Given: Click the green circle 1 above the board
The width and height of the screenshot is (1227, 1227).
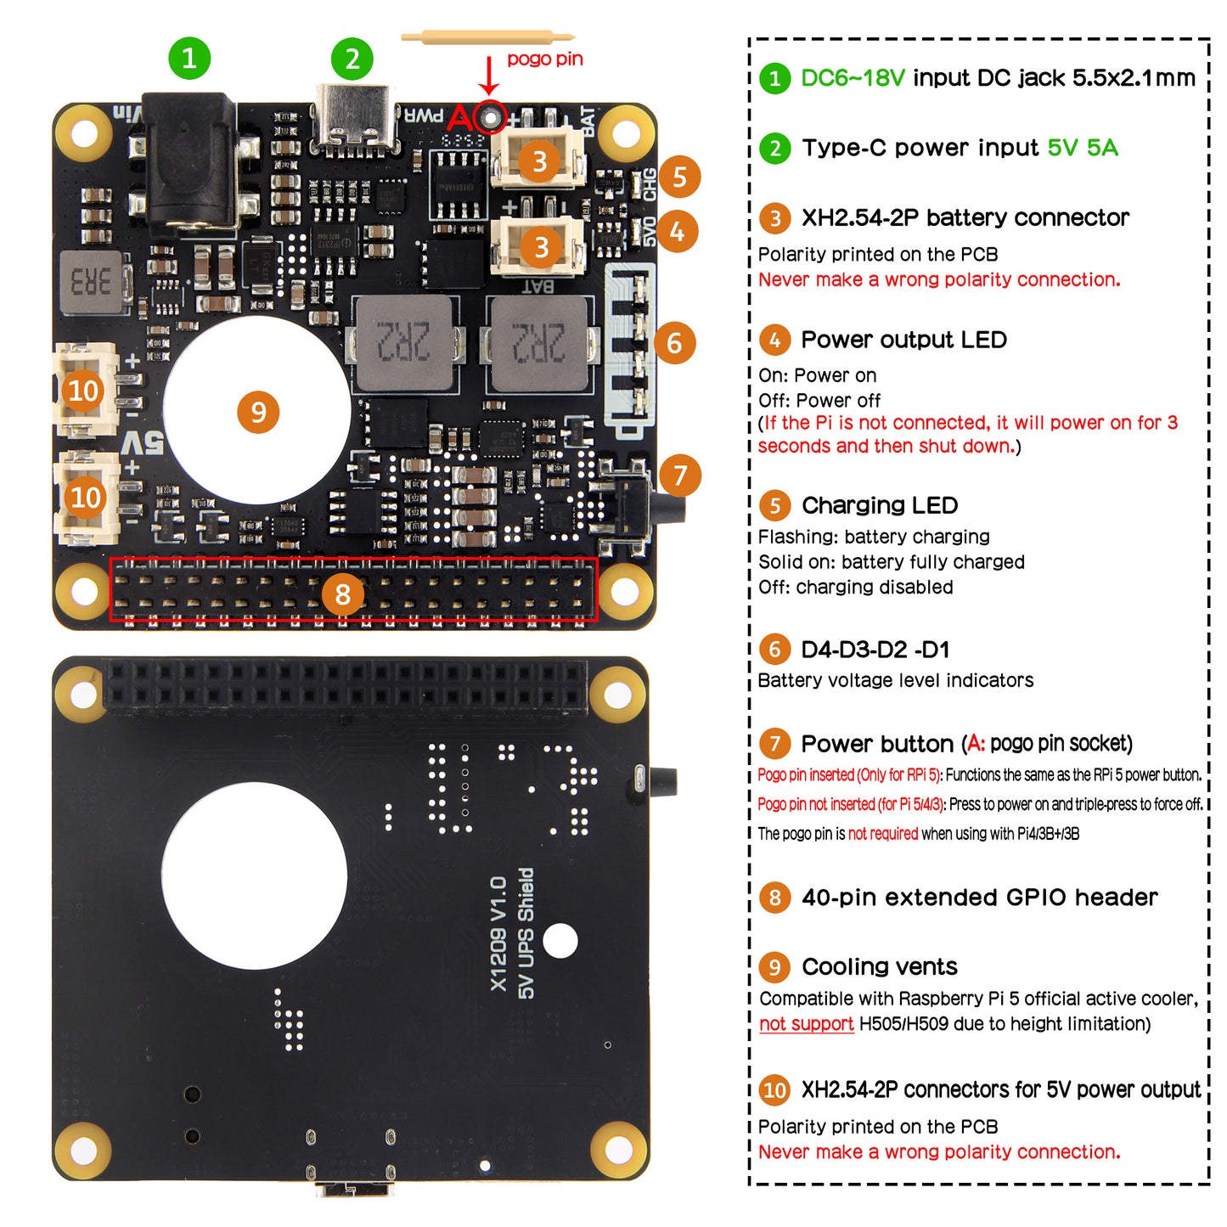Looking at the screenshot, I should pyautogui.click(x=189, y=58).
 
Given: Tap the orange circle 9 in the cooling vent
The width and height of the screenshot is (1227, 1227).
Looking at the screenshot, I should pyautogui.click(x=258, y=413).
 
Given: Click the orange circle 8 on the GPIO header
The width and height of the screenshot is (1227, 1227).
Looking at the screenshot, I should pyautogui.click(x=342, y=594).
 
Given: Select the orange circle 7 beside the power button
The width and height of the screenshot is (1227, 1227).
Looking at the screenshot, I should pyautogui.click(x=679, y=476).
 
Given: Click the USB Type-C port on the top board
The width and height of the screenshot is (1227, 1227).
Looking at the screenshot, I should pyautogui.click(x=355, y=119).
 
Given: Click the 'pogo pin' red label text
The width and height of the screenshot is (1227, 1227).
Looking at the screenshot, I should pyautogui.click(x=544, y=59).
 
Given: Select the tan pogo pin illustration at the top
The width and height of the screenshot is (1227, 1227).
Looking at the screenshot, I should pyautogui.click(x=487, y=37).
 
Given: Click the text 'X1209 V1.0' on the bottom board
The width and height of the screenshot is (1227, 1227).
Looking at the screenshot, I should pyautogui.click(x=498, y=934).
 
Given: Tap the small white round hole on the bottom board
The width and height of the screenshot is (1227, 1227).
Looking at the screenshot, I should pyautogui.click(x=560, y=941).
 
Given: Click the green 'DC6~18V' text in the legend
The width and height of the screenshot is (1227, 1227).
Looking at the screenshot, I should pyautogui.click(x=853, y=78).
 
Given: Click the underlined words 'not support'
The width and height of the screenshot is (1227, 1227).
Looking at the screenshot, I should pyautogui.click(x=806, y=1024).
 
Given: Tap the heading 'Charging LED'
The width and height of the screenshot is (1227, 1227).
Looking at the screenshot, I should pyautogui.click(x=879, y=505).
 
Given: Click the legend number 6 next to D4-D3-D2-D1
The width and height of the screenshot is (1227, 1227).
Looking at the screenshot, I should pyautogui.click(x=774, y=650).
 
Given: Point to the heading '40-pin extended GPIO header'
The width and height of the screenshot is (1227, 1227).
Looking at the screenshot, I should pyautogui.click(x=979, y=898).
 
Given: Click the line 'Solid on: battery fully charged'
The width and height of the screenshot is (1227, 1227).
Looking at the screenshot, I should pyautogui.click(x=891, y=562).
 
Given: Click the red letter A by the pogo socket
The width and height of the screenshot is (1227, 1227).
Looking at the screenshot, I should pyautogui.click(x=459, y=118).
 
